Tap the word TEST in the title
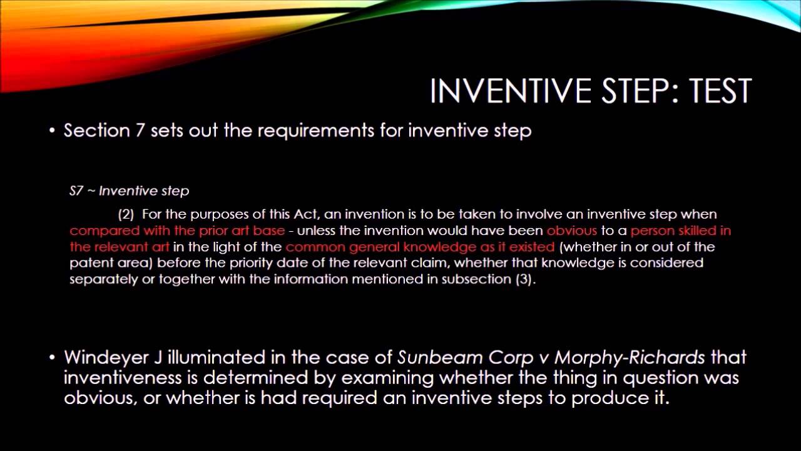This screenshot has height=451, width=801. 720,91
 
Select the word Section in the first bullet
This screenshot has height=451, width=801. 96,131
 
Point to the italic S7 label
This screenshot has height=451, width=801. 76,191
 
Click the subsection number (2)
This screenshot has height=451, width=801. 126,214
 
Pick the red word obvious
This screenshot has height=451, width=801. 572,231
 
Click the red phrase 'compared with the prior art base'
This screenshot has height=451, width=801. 177,231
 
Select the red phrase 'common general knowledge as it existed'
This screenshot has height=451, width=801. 420,247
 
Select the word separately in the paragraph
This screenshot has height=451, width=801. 103,279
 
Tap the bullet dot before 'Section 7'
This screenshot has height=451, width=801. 53,132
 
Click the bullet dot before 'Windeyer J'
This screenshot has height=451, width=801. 53,358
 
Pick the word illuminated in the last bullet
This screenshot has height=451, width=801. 220,358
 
